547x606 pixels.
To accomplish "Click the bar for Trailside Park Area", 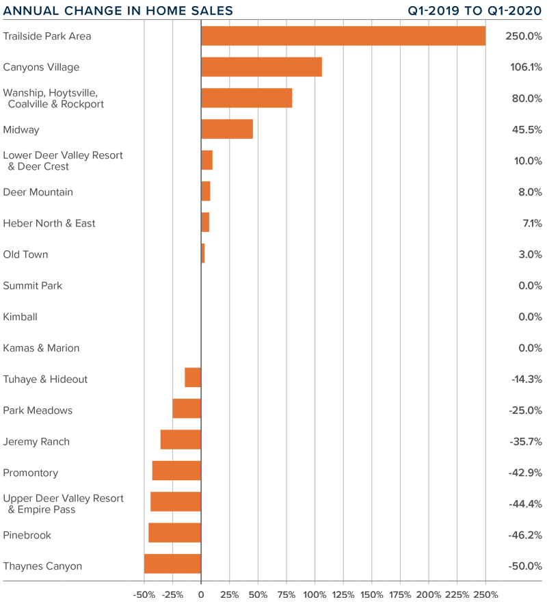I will coord(343,36).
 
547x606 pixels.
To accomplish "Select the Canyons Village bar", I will coord(261,67).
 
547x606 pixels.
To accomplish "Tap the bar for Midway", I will coord(227,129).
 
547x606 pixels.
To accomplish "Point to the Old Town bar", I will coord(203,254).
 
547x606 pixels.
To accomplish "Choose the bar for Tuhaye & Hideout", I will coord(193,378).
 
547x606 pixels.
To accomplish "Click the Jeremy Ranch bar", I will coord(181,440).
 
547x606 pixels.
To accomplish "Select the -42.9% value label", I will coord(525,473).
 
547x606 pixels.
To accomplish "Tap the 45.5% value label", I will coord(527,129).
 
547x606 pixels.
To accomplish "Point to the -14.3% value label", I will coord(526,379).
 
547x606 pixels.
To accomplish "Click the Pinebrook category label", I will coord(27,535).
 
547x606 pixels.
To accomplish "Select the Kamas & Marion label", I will coord(41,347).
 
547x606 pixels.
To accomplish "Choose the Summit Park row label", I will coord(33,285).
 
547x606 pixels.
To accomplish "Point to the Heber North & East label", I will coord(49,223).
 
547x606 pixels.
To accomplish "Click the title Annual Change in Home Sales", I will coord(118,11).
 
